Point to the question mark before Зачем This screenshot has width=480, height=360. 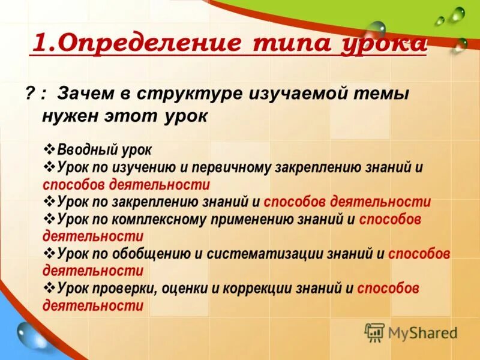[29, 94]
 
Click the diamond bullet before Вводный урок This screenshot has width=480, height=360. [50, 149]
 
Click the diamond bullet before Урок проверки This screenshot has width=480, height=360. [50, 289]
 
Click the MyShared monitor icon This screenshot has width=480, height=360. [374, 332]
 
